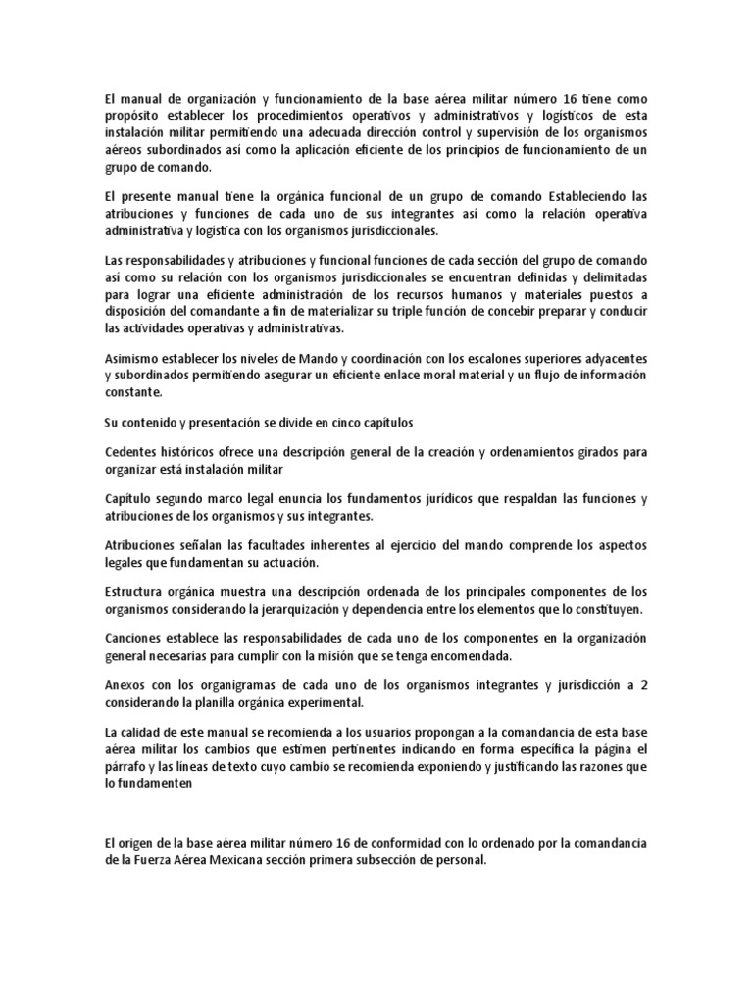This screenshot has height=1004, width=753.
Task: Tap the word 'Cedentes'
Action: click(132, 451)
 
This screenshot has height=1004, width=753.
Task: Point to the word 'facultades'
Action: click(279, 545)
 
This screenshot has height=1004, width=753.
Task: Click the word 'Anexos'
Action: click(127, 685)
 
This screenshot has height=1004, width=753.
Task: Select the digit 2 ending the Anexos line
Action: click(644, 685)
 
